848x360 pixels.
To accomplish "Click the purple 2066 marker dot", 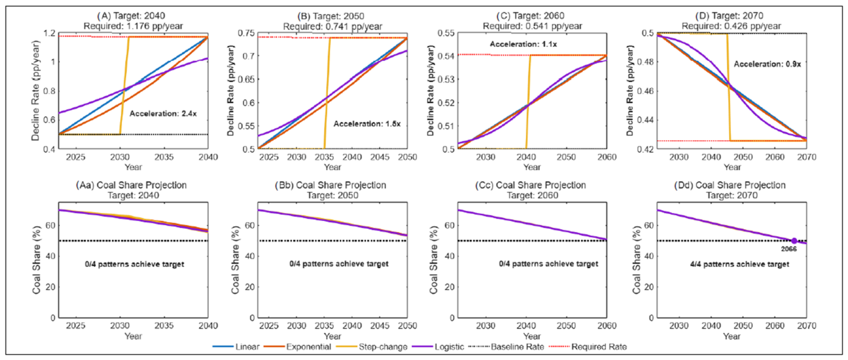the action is [x=794, y=241].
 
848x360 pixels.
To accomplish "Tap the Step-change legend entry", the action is [x=372, y=347].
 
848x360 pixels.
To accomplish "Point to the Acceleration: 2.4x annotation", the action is [x=163, y=114].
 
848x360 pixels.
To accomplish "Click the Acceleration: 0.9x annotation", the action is [x=767, y=64].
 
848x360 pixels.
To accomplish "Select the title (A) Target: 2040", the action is [x=131, y=16].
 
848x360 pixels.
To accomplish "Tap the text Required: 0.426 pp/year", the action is [x=732, y=26].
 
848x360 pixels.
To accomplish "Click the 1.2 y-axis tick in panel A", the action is [x=49, y=33].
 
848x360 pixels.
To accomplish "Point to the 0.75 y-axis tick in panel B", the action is [x=246, y=33].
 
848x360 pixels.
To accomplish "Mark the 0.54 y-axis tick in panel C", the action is [x=446, y=57].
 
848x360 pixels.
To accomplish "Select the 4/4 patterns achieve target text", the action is [x=739, y=264].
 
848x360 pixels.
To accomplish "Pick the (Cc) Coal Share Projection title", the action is [x=530, y=185].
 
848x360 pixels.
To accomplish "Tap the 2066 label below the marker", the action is [x=789, y=249].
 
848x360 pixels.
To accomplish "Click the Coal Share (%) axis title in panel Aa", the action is [x=36, y=260].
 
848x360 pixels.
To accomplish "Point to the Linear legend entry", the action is [x=236, y=347].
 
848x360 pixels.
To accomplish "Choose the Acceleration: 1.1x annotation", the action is [x=523, y=44].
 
